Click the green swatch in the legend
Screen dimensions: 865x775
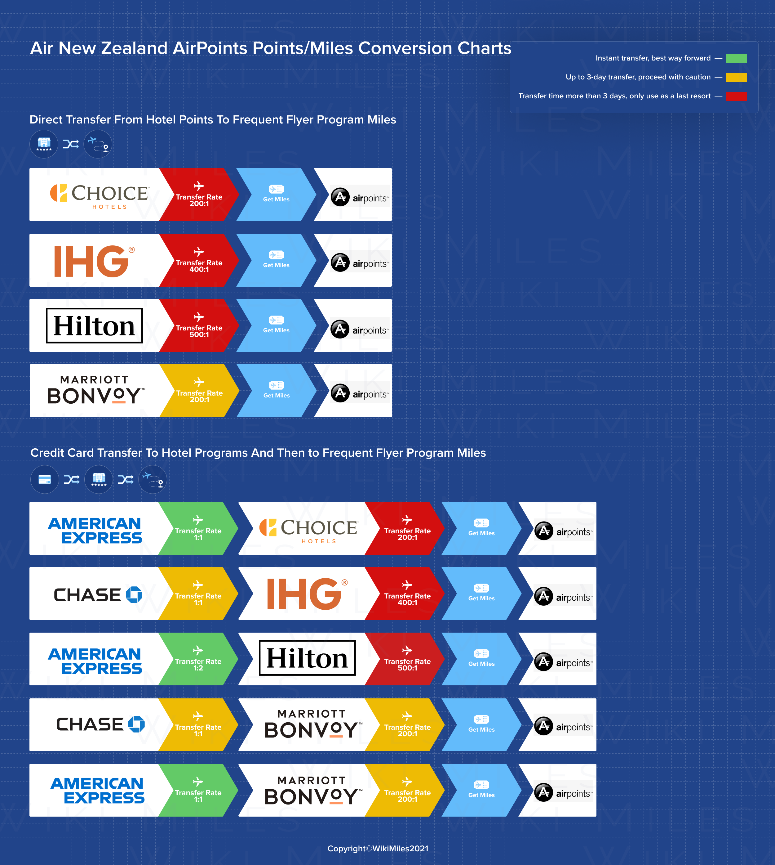point(736,58)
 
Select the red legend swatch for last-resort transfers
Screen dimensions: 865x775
point(736,96)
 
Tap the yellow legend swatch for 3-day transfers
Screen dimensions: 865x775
point(736,77)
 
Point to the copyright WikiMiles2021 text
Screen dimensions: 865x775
point(378,848)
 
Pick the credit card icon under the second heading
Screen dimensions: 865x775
point(45,479)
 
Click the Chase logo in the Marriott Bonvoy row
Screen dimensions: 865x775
point(100,724)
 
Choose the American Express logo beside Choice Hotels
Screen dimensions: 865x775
point(95,530)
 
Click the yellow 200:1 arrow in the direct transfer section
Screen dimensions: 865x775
point(199,391)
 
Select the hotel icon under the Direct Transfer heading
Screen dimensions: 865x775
point(44,144)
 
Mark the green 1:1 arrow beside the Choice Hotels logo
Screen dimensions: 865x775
point(198,528)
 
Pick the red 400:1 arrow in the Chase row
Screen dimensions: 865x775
point(407,594)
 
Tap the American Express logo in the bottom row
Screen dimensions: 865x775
point(98,791)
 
